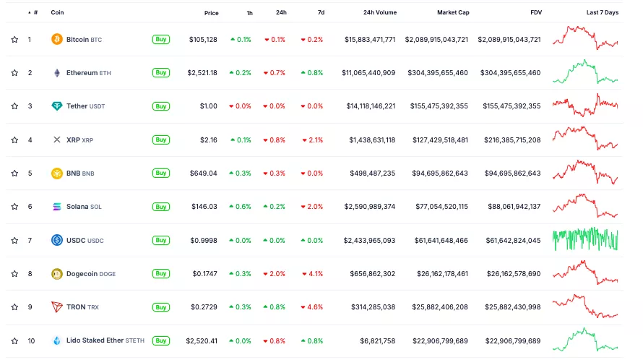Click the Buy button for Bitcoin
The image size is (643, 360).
tap(161, 40)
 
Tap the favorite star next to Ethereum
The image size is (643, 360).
tap(14, 73)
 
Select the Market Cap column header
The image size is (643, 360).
tap(452, 13)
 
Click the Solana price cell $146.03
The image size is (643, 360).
tap(203, 207)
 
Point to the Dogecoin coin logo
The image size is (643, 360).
tap(57, 274)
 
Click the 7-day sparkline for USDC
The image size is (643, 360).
tap(585, 240)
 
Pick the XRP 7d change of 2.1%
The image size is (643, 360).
tap(313, 140)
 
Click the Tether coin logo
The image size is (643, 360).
tap(57, 106)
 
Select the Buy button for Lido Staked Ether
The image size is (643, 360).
tap(161, 340)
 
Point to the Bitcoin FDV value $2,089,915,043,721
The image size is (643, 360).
tap(509, 40)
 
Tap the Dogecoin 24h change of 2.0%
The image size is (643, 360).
tap(275, 274)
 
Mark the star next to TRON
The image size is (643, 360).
tap(14, 307)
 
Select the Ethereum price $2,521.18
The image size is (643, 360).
tap(202, 73)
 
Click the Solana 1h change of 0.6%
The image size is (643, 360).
tap(241, 207)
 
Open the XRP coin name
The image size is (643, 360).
tap(73, 140)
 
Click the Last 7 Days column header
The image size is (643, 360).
tap(602, 13)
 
